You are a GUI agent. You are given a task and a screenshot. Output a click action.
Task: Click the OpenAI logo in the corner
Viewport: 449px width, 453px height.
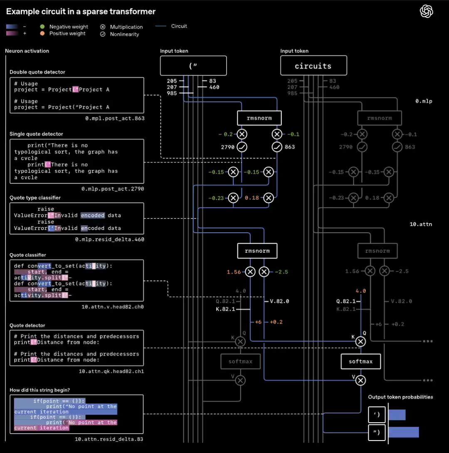(x=426, y=11)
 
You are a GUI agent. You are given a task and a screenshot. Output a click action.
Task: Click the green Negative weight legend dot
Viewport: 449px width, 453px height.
(x=42, y=27)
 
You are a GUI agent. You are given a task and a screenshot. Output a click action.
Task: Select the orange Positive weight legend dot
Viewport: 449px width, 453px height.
(x=42, y=33)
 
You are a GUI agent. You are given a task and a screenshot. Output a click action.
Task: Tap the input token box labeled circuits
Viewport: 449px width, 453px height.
(x=313, y=66)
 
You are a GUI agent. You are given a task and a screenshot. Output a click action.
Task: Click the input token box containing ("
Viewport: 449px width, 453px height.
(x=193, y=66)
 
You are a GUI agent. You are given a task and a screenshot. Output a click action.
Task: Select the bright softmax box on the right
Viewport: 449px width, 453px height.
(x=360, y=361)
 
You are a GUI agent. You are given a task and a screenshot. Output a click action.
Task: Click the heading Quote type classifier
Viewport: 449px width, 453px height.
(x=35, y=198)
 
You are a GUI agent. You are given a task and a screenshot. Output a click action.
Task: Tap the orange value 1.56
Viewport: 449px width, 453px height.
(x=234, y=272)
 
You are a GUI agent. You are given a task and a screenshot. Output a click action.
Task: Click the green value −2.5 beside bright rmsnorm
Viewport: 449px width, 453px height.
(x=281, y=272)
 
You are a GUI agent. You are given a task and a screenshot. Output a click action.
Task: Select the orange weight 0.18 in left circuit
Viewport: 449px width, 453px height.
(x=252, y=198)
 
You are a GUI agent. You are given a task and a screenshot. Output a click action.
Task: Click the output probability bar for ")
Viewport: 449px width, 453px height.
(x=403, y=432)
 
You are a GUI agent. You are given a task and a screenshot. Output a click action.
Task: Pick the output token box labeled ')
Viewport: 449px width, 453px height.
(x=377, y=415)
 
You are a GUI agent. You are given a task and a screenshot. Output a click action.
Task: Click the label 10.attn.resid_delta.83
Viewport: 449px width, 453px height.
(x=109, y=439)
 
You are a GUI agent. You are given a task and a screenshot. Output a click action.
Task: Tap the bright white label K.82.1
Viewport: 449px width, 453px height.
(x=225, y=309)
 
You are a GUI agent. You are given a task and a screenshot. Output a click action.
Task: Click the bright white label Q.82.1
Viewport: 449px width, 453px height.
(x=346, y=301)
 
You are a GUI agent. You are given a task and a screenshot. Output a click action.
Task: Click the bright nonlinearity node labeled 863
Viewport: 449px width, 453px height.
(x=277, y=147)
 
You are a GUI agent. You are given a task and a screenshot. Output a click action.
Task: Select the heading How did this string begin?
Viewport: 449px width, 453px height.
(x=39, y=390)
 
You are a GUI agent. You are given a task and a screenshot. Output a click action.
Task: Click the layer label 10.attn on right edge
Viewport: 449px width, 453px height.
(x=421, y=224)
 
